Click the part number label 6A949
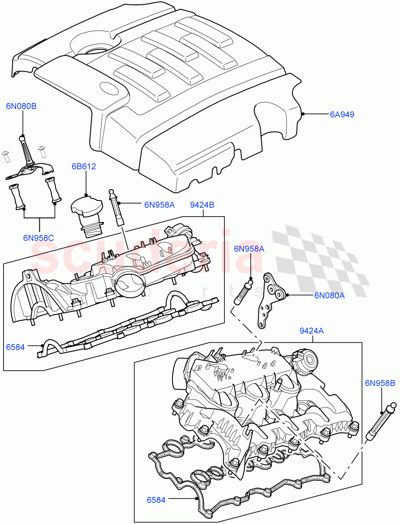[x=342, y=115]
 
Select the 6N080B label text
[x=21, y=106]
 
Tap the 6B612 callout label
[x=84, y=166]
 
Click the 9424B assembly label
[x=201, y=204]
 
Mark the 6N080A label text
[x=329, y=295]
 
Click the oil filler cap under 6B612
[x=87, y=208]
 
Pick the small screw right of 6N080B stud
[x=42, y=151]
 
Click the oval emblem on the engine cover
[x=111, y=90]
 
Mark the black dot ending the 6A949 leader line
[x=303, y=114]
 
